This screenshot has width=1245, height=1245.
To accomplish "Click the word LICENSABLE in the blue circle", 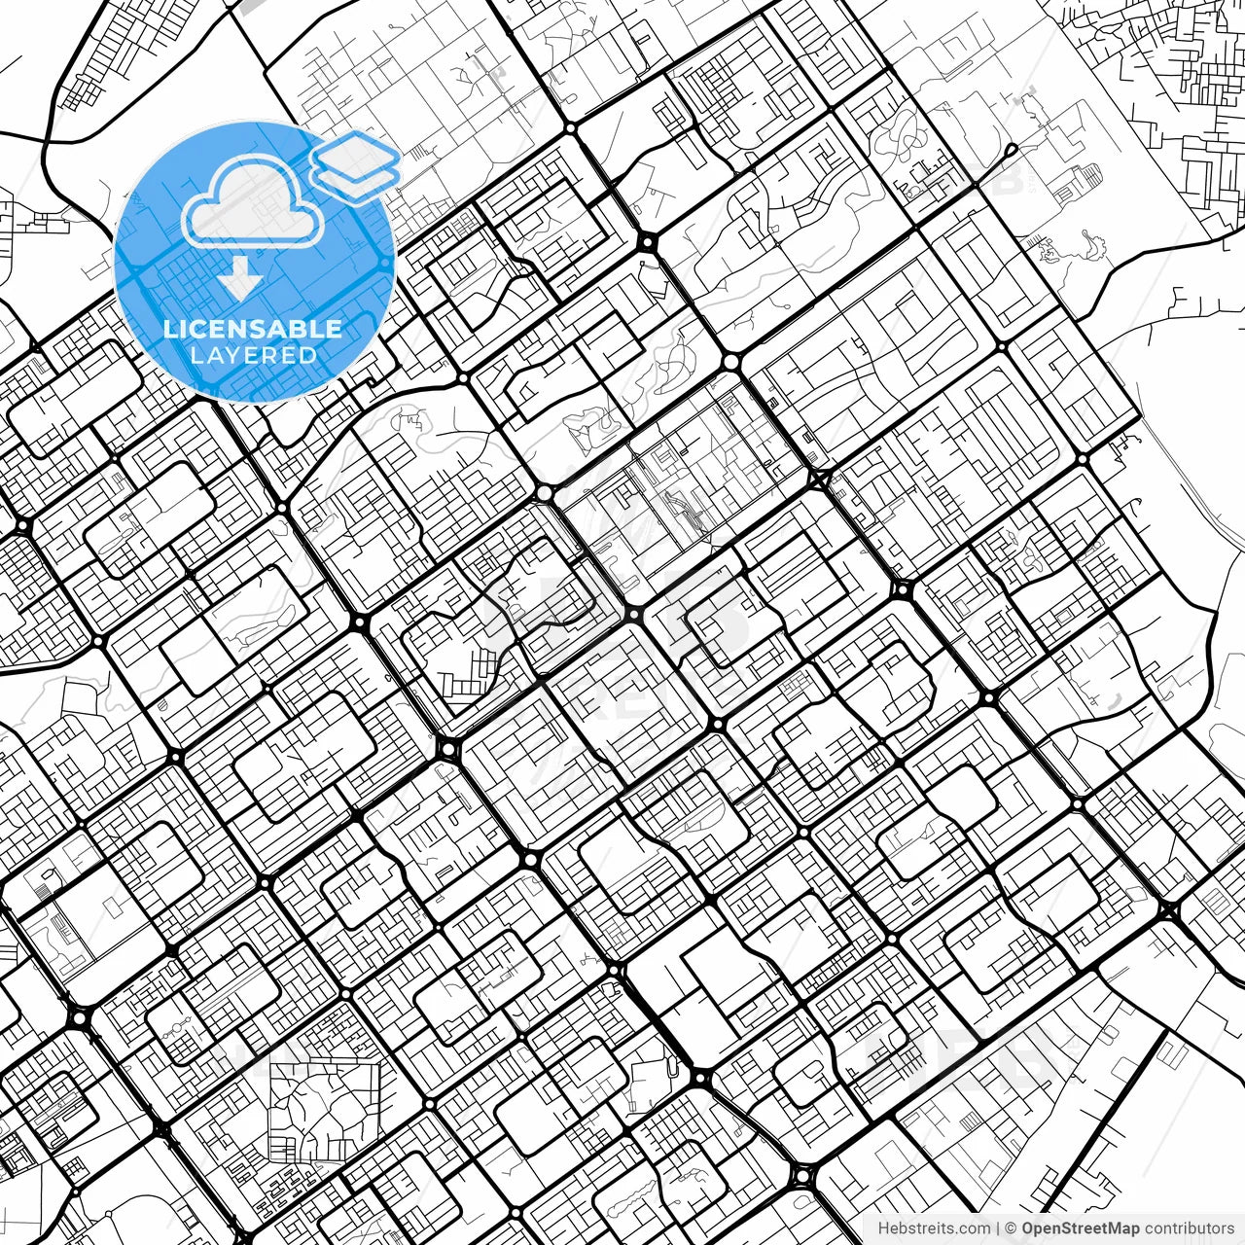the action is pyautogui.click(x=253, y=329).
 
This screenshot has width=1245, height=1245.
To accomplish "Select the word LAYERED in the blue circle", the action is pyautogui.click(x=253, y=355).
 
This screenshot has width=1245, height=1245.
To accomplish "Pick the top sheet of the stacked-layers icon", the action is pyautogui.click(x=355, y=153).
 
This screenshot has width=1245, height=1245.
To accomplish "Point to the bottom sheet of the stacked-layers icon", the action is pyautogui.click(x=356, y=175).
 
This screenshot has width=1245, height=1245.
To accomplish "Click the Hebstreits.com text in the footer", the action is pyautogui.click(x=934, y=1228).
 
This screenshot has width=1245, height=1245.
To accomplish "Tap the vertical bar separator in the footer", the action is pyautogui.click(x=998, y=1228).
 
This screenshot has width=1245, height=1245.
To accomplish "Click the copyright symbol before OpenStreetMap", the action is pyautogui.click(x=1011, y=1228).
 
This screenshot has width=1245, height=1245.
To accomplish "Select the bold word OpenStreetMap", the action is pyautogui.click(x=1080, y=1228).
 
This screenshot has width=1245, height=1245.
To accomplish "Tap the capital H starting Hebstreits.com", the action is pyautogui.click(x=883, y=1228).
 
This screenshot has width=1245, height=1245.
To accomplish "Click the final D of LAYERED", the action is pyautogui.click(x=308, y=355).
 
